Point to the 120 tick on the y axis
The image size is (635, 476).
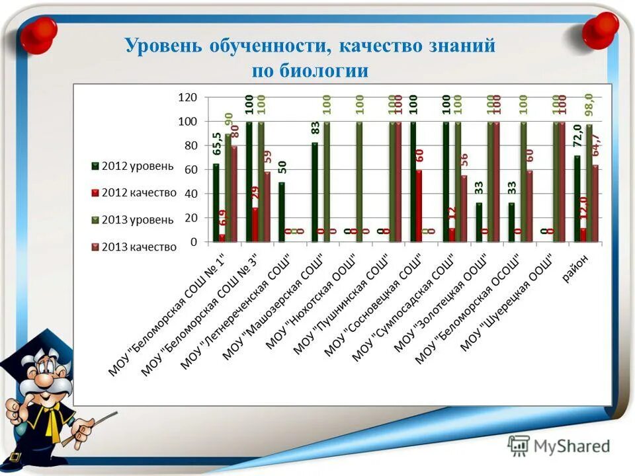point(189,97)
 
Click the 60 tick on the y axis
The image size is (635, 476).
point(191,170)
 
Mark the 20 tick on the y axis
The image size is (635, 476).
point(191,218)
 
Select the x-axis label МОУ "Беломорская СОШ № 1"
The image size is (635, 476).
point(167,315)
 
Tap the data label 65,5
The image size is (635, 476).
point(216,143)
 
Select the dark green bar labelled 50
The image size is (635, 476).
point(282,212)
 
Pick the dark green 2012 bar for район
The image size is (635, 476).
point(577,199)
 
